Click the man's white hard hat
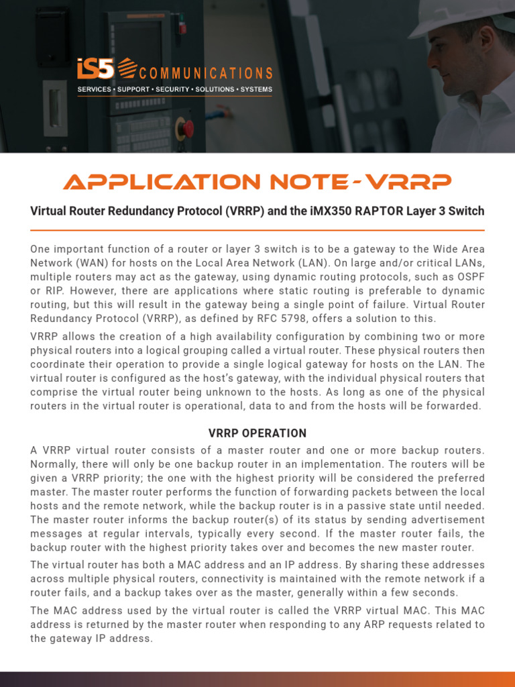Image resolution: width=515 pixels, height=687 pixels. (x=463, y=16)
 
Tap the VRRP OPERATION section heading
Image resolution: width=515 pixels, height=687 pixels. (x=257, y=433)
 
